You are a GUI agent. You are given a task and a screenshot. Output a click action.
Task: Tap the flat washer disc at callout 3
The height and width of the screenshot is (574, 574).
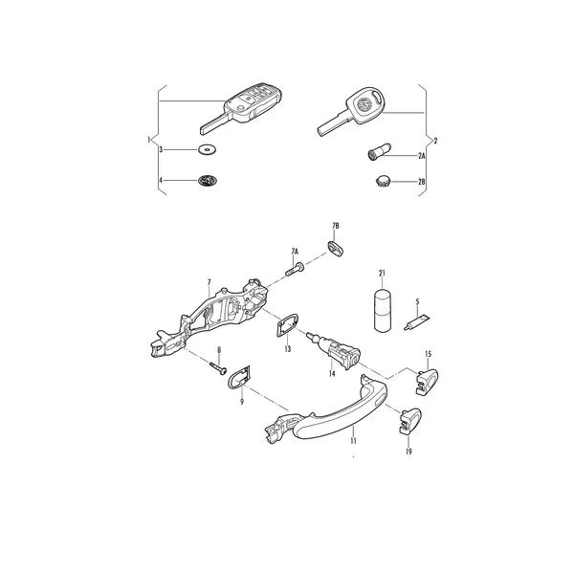207,149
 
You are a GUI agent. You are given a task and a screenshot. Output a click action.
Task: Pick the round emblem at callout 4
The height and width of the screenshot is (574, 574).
207,180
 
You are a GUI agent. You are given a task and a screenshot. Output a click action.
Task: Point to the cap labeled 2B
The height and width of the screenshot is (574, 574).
384,181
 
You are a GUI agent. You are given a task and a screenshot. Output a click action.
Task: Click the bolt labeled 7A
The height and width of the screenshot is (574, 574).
295,270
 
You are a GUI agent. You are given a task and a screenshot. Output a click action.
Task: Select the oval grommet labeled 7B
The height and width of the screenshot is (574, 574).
335,248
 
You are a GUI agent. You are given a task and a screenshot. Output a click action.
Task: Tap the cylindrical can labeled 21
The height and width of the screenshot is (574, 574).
383,310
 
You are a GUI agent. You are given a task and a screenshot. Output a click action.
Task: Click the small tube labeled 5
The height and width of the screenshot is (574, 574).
417,321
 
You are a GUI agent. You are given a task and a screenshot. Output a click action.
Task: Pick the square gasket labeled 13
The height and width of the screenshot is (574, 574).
288,326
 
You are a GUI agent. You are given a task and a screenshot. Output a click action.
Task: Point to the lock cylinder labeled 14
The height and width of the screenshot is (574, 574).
335,349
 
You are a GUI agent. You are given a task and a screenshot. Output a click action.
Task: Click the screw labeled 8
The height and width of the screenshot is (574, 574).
218,367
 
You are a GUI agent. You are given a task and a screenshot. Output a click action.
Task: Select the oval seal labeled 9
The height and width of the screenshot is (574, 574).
239,377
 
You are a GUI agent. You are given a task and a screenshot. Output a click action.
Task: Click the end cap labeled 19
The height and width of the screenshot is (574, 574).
410,420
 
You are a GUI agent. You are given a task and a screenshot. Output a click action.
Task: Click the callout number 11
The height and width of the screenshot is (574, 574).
353,440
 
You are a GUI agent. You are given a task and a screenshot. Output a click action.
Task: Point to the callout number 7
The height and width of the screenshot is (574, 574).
209,282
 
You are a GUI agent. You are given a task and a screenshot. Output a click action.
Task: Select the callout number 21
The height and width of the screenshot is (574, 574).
382,273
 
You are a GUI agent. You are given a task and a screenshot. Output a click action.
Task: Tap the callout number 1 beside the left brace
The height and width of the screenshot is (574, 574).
148,140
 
